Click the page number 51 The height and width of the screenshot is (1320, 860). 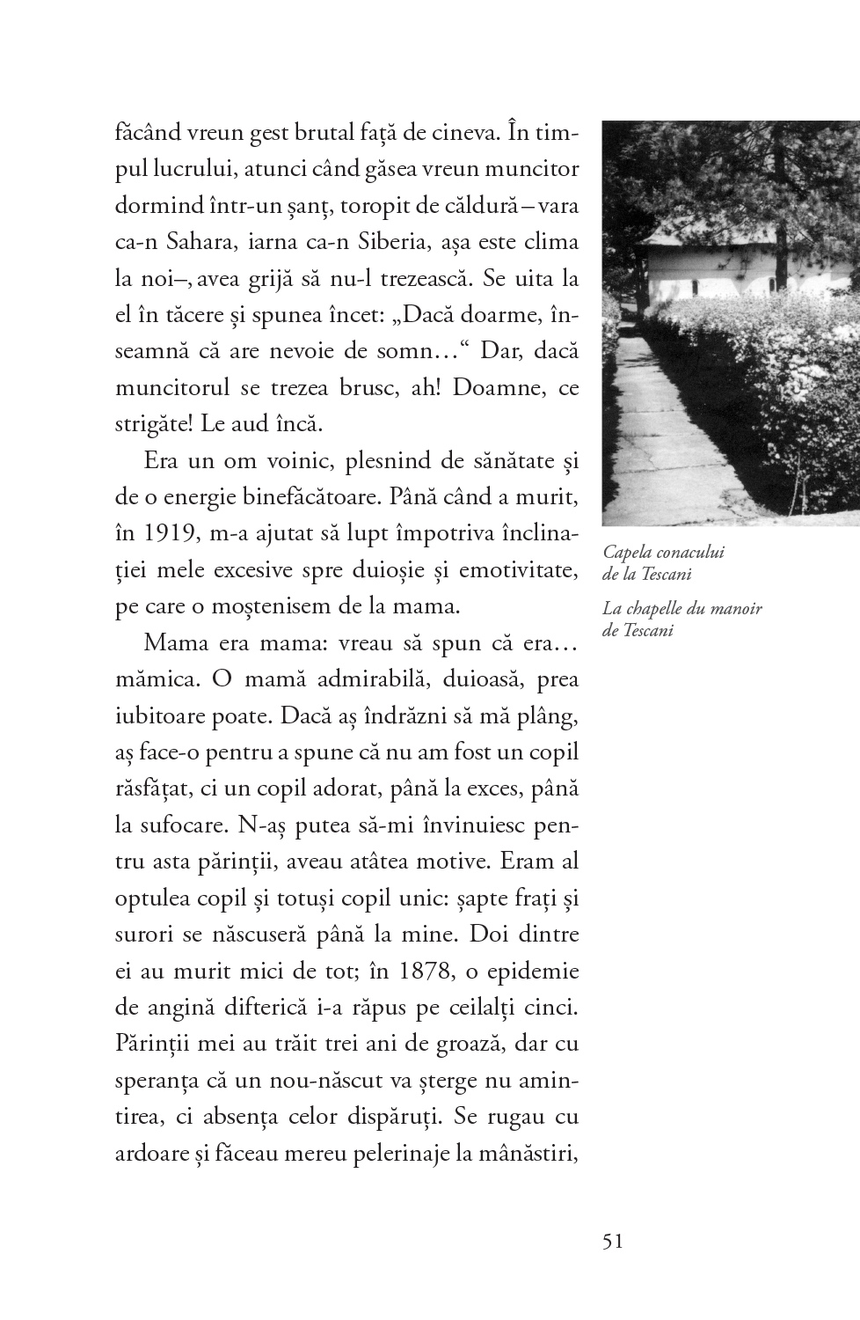[613, 1241]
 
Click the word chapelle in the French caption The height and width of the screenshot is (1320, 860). [652, 609]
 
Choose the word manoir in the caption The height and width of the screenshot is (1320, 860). [737, 609]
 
